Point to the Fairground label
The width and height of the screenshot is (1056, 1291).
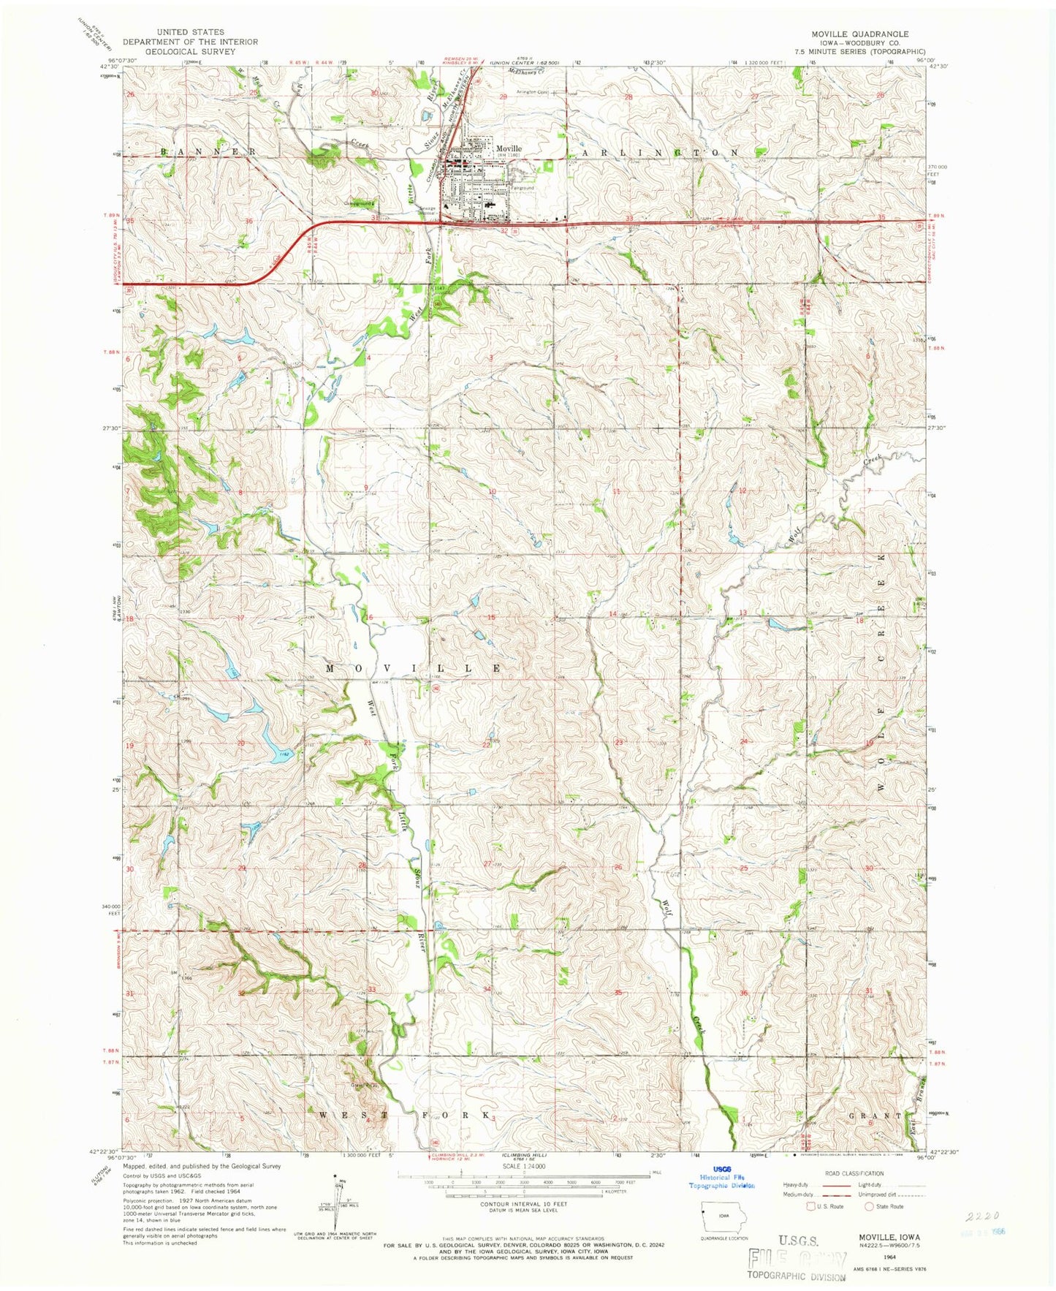[x=522, y=188]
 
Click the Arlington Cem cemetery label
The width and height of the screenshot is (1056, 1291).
[x=532, y=92]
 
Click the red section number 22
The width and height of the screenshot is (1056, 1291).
[x=487, y=744]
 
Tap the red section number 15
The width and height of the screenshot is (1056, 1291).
[x=492, y=618]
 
